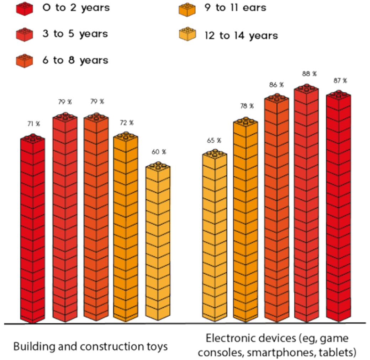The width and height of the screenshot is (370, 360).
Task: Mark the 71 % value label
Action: pos(33,124)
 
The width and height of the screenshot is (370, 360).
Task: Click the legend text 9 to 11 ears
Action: pos(235,8)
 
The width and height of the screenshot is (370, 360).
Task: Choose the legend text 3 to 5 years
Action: pos(75,34)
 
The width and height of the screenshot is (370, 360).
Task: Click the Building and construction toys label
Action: pos(90,346)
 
